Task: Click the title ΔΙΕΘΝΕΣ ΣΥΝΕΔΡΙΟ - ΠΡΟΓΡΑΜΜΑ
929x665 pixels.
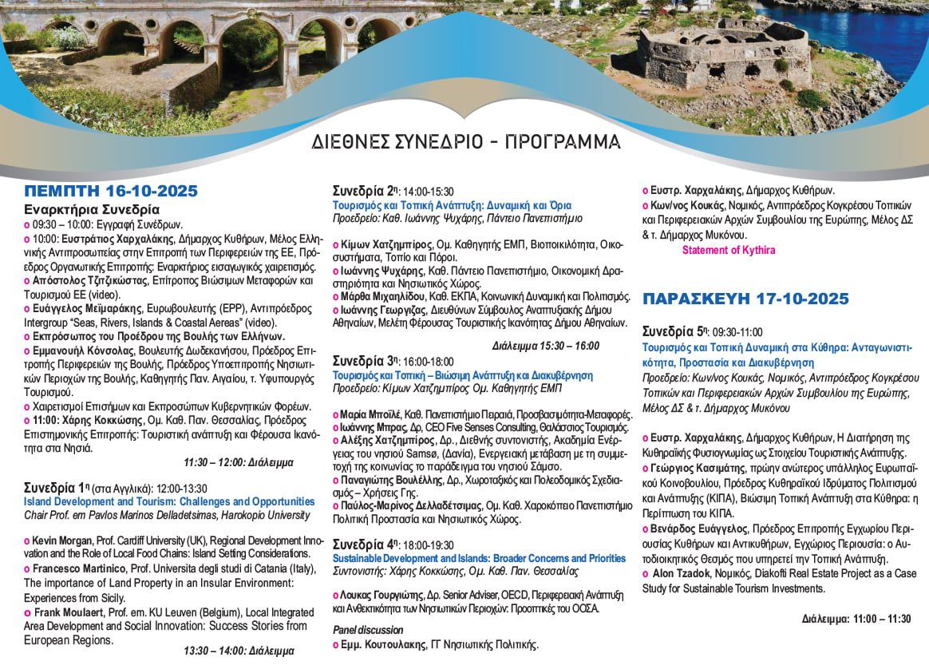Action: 467,142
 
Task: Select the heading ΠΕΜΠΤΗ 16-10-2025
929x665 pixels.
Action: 110,191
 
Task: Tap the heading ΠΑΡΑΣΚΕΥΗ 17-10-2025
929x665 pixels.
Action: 745,299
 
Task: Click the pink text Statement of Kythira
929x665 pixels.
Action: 728,250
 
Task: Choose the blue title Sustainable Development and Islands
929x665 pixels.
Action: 479,559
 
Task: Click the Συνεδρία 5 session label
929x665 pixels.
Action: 674,331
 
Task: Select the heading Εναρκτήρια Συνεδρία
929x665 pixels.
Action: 85,210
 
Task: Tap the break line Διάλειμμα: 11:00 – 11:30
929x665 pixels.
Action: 856,619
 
